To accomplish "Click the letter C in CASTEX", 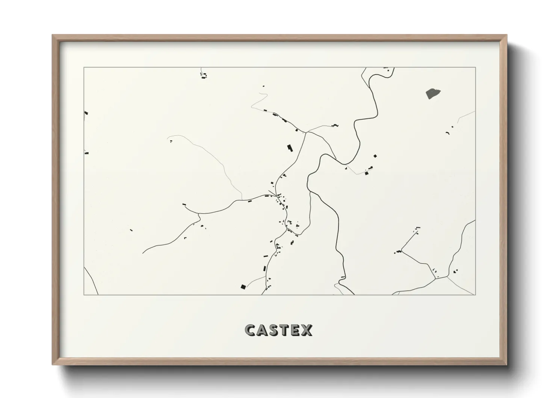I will [251, 330].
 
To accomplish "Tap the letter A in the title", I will [263, 330].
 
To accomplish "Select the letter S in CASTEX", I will [276, 330].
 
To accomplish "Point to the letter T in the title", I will [287, 330].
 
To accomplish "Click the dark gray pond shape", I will [433, 93].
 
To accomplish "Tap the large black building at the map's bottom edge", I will [243, 287].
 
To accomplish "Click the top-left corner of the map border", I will [84, 67].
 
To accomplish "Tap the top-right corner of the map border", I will [476, 67].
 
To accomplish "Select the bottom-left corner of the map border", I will [84, 295].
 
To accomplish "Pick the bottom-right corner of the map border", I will [476, 295].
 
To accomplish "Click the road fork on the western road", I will [199, 214].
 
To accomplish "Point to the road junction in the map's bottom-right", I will [436, 278].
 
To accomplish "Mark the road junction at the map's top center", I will [307, 132].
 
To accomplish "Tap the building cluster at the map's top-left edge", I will [204, 76].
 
